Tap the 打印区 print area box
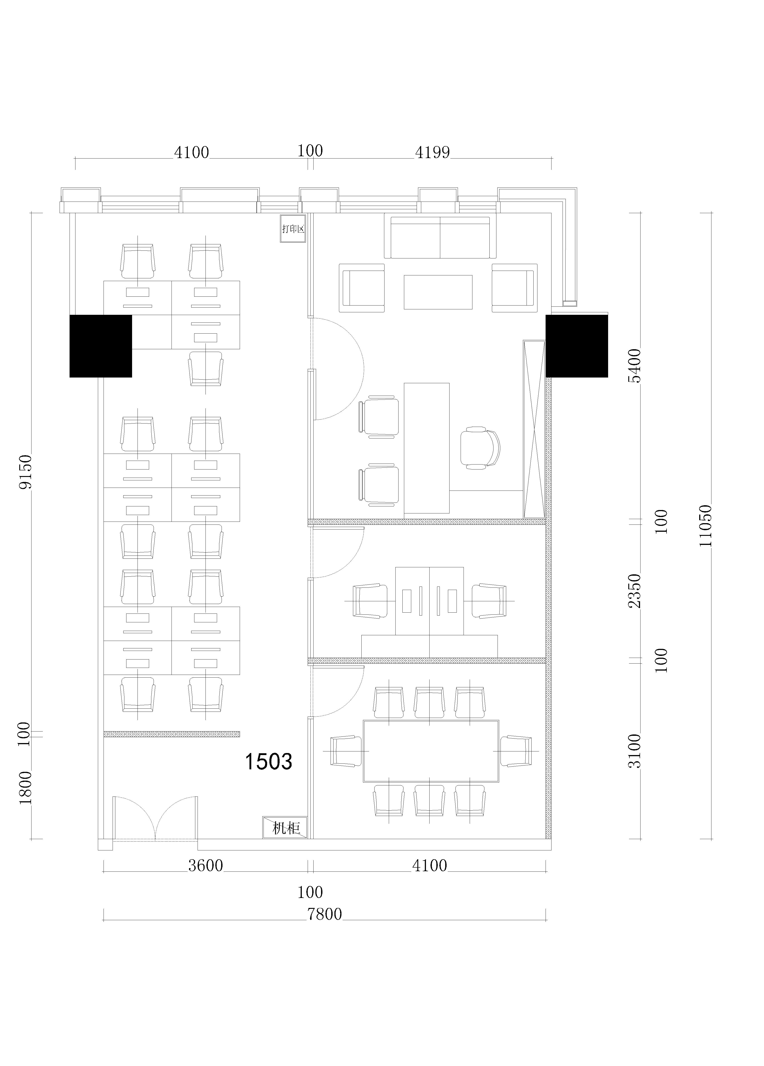[x=293, y=229]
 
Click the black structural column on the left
[x=101, y=346]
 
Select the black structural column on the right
[x=577, y=346]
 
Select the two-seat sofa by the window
[x=440, y=237]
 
